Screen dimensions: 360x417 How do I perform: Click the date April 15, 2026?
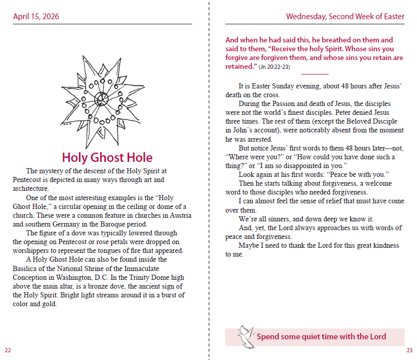pos(36,17)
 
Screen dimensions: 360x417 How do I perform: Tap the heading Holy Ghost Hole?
pos(107,157)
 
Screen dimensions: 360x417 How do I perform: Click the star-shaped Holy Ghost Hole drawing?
pos(103,101)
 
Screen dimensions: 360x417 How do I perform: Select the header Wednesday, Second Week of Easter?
pos(345,17)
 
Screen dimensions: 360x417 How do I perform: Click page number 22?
pos(8,350)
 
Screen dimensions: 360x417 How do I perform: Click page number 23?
pos(409,350)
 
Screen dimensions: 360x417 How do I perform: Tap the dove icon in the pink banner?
pos(244,336)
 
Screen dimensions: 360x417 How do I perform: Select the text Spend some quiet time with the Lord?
pos(321,337)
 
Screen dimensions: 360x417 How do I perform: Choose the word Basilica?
pos(27,268)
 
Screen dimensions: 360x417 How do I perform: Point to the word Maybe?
pos(249,245)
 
